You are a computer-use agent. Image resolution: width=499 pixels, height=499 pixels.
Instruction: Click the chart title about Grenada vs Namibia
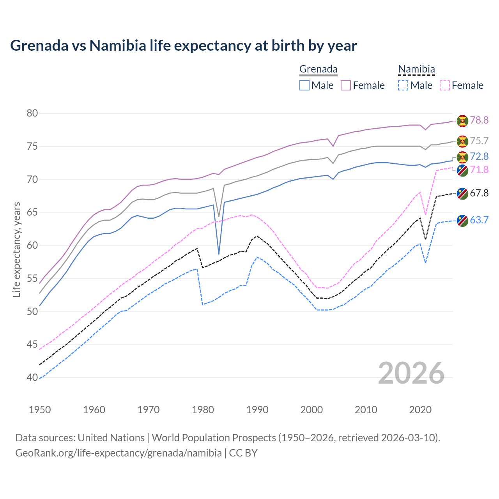point(184,46)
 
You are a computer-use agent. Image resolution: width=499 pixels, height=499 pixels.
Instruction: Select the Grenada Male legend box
point(304,85)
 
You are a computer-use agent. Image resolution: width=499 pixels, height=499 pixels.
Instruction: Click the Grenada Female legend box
point(346,85)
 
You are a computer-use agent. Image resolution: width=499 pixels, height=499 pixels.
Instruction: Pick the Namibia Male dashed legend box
point(403,85)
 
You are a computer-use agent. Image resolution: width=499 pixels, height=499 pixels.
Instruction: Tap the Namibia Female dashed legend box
point(445,85)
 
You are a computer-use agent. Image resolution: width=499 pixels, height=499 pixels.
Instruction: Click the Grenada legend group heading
point(318,69)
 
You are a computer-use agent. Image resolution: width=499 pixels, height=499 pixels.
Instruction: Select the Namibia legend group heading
point(416,69)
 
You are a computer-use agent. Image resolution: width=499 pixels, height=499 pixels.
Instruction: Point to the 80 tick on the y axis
point(32,113)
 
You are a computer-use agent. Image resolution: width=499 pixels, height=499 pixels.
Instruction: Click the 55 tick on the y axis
point(32,278)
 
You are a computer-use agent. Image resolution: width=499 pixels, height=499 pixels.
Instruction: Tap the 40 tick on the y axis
point(32,377)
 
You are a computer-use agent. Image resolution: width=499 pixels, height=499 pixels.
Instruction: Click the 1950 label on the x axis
point(40,410)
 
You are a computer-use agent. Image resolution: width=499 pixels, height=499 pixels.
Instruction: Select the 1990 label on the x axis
point(257,410)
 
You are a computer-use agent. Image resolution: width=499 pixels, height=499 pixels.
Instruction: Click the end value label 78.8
point(479,120)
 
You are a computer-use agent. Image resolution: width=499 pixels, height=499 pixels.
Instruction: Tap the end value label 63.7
point(479,220)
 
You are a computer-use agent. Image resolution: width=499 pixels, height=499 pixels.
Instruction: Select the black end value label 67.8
point(479,193)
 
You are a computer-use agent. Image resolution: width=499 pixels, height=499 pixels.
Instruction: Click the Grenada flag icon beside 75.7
point(462,141)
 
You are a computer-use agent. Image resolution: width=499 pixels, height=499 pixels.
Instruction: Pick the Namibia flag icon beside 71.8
point(462,170)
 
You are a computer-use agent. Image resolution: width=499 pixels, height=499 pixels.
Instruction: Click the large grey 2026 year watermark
point(411,373)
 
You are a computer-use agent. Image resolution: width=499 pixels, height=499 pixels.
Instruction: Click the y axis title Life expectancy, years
point(16,249)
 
